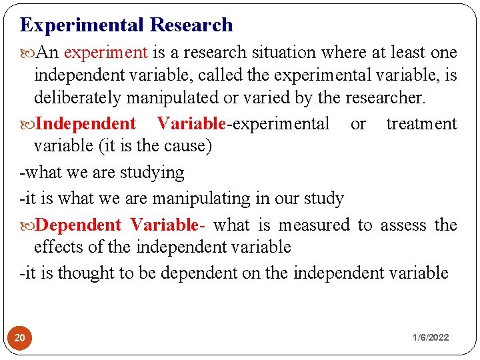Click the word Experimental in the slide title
[82, 25]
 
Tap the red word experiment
[106, 52]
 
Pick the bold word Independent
[85, 124]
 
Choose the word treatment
[421, 124]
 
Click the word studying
[151, 173]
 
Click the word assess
[403, 225]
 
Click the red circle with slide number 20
[21, 337]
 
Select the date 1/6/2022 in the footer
[430, 337]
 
